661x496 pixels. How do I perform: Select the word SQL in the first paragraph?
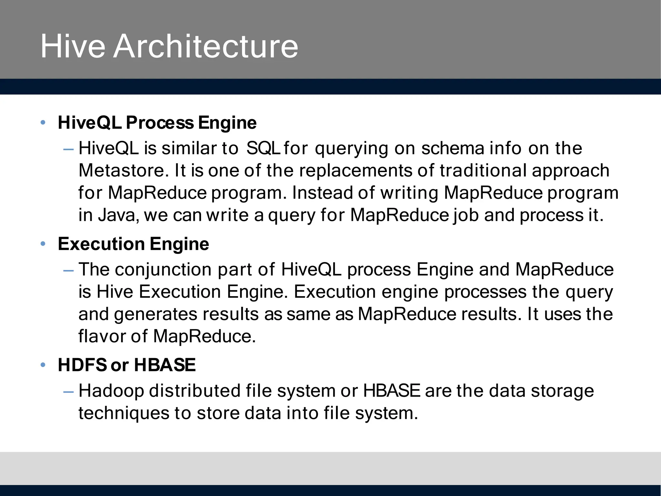click(263, 149)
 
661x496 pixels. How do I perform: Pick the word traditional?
click(483, 170)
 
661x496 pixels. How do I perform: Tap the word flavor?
click(102, 336)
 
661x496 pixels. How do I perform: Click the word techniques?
click(124, 413)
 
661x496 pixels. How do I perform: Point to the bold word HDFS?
click(82, 365)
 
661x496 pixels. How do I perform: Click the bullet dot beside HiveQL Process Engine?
click(43, 123)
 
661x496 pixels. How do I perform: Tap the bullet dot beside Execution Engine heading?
click(43, 244)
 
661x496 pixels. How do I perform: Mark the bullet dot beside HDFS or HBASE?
click(43, 365)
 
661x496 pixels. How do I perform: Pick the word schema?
click(453, 149)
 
